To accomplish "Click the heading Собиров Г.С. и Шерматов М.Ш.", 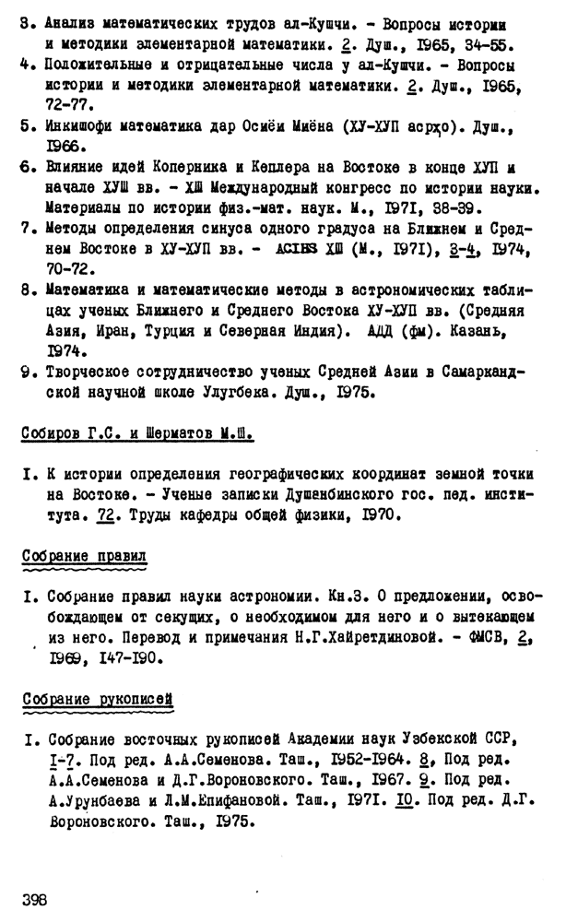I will click(x=137, y=433).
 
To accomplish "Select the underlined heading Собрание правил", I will click(x=84, y=556).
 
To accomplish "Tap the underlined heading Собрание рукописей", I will click(x=99, y=701).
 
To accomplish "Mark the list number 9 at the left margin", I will click(x=28, y=372).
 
